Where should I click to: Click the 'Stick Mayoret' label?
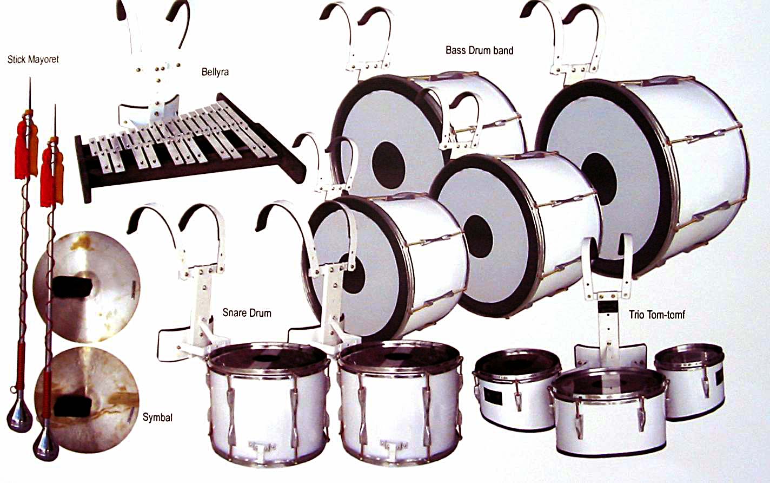coord(33,59)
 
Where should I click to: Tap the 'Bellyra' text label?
coord(215,71)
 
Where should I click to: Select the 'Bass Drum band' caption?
coord(479,50)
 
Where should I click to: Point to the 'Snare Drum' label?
coord(247,313)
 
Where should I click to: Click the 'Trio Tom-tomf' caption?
coord(657,314)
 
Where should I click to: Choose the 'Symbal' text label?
coord(157,417)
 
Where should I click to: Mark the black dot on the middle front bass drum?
coord(477,236)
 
